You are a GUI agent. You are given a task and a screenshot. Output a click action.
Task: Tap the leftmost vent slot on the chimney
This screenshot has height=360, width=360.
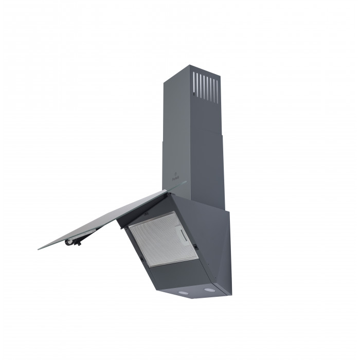(194, 83)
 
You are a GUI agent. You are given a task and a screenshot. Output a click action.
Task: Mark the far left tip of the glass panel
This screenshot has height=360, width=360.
(39, 249)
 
